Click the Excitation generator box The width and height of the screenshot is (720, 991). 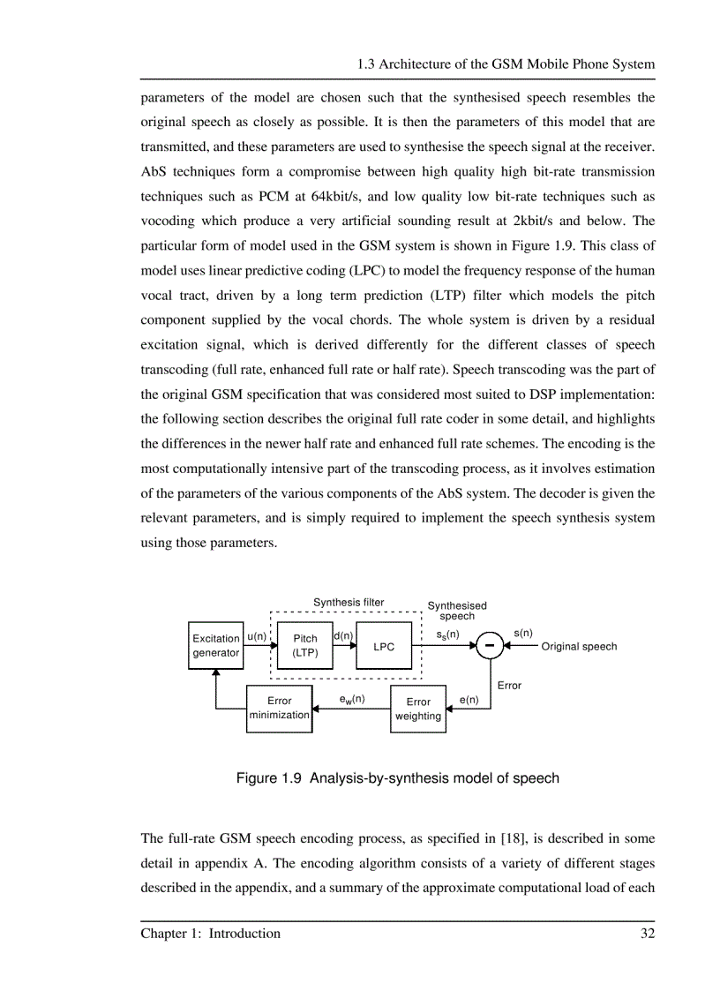click(x=216, y=645)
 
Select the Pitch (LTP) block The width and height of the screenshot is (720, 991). click(x=304, y=645)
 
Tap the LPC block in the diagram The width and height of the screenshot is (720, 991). click(x=383, y=646)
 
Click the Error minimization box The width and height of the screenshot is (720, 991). click(x=279, y=709)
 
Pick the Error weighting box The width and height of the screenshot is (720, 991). click(x=418, y=709)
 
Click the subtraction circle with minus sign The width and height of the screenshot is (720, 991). click(x=490, y=646)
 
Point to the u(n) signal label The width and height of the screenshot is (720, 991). click(x=257, y=636)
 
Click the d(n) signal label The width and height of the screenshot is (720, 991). click(x=343, y=635)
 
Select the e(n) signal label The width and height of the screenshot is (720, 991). click(x=469, y=700)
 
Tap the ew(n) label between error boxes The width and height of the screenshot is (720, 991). click(x=352, y=699)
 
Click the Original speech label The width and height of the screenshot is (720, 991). click(x=579, y=646)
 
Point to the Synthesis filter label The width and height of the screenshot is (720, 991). click(x=349, y=603)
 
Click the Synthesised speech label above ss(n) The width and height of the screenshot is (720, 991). click(x=457, y=611)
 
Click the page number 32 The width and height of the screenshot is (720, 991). click(x=647, y=933)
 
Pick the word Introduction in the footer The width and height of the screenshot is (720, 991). click(x=244, y=933)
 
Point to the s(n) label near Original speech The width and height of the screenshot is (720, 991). click(x=522, y=634)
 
